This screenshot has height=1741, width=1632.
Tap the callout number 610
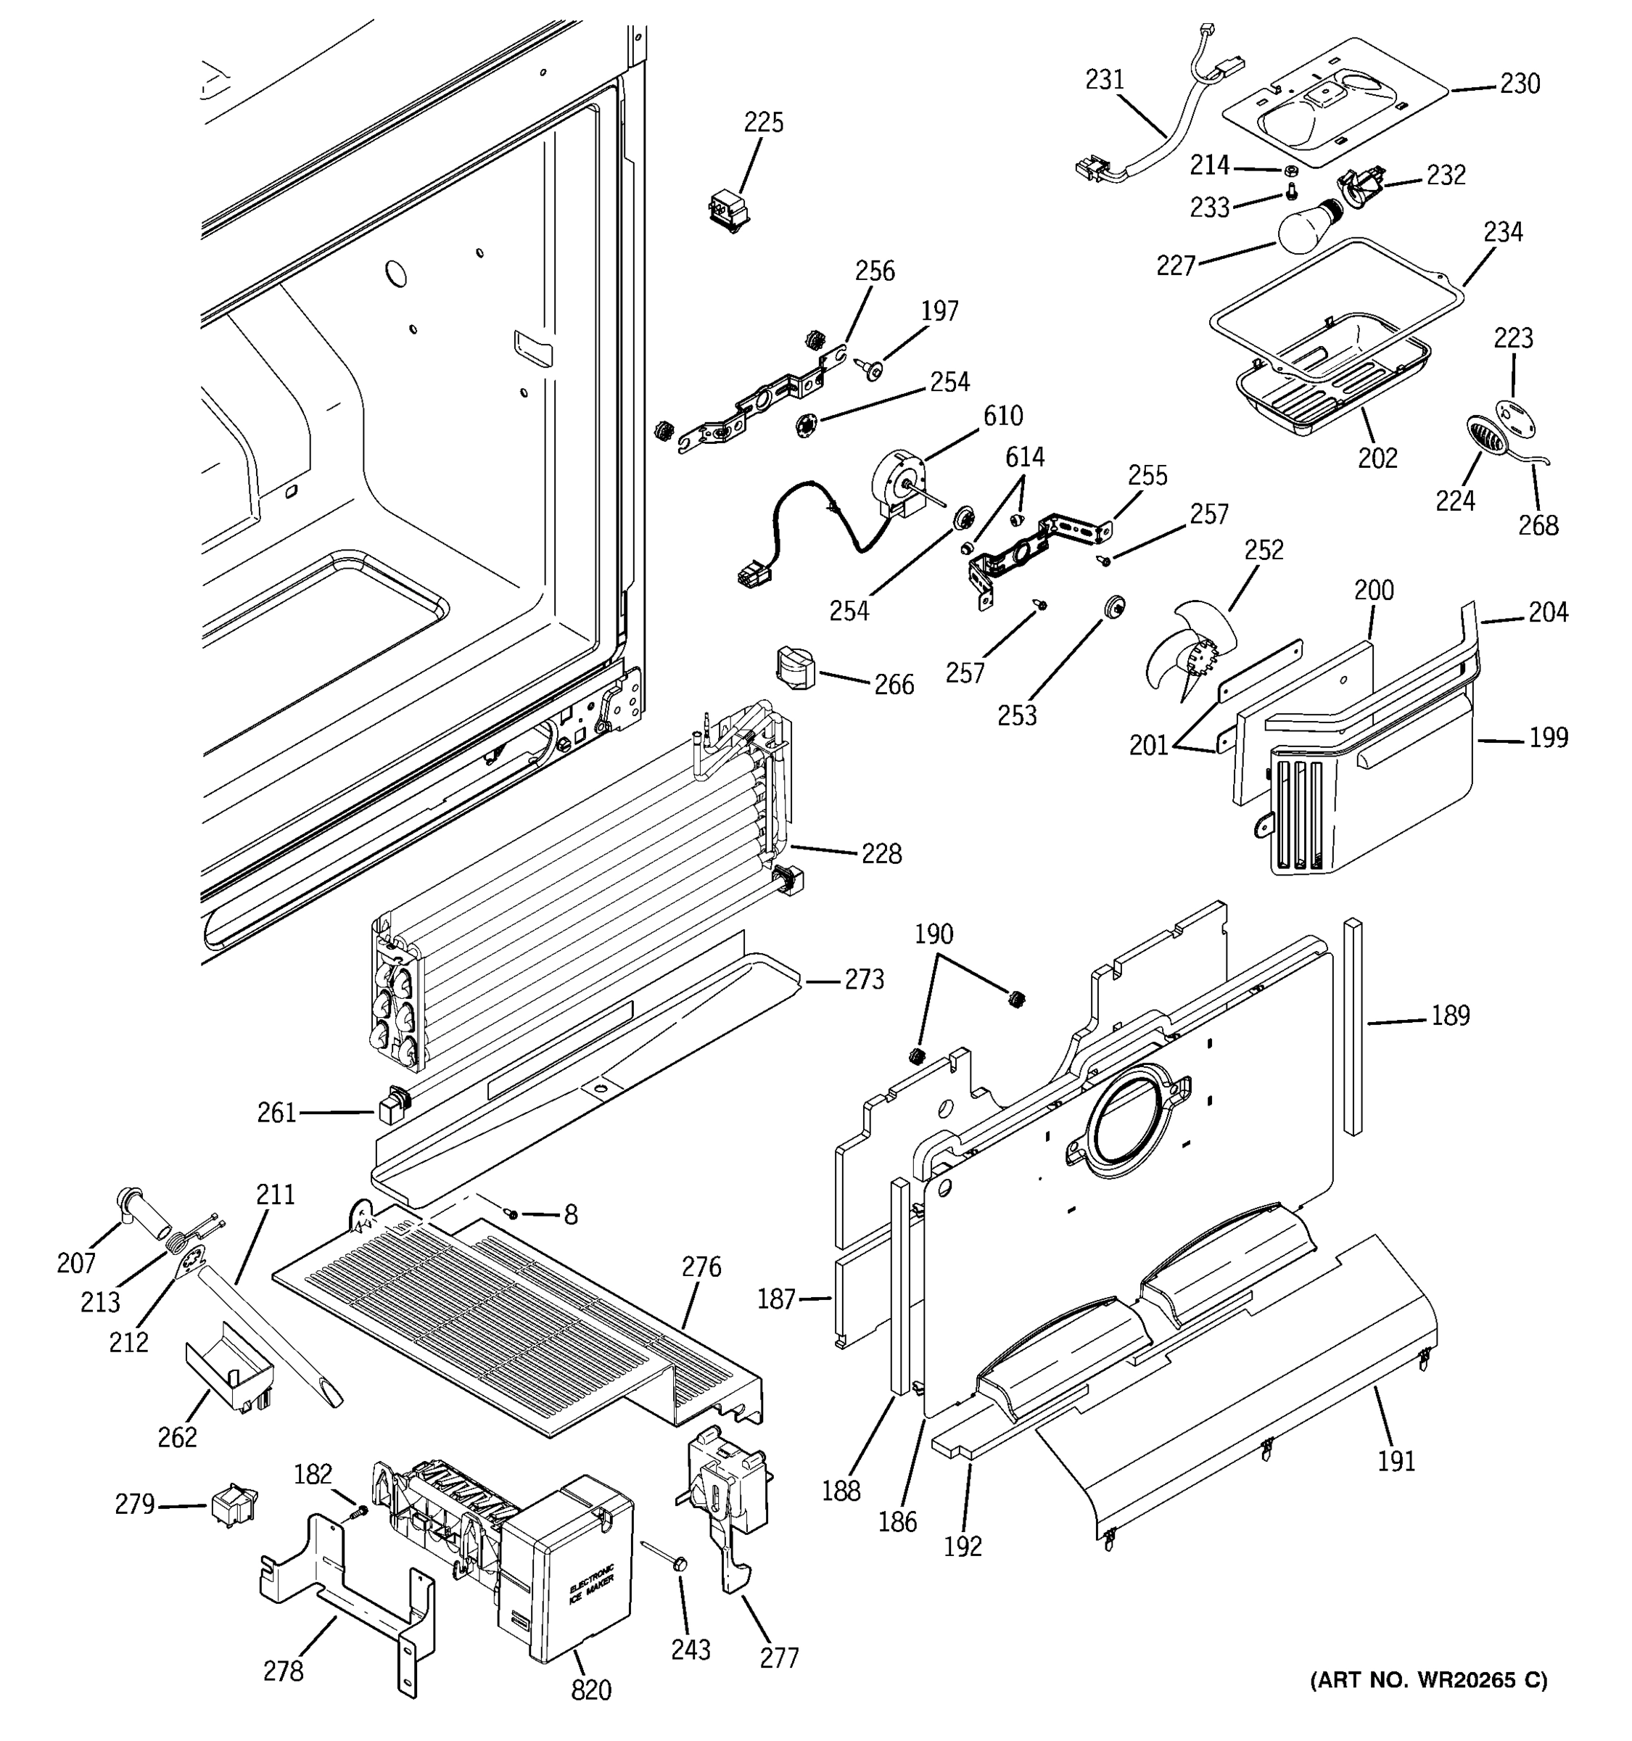pyautogui.click(x=1002, y=415)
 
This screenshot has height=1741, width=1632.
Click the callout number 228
pyautogui.click(x=881, y=853)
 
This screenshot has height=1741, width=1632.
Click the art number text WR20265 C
pyautogui.click(x=1428, y=1679)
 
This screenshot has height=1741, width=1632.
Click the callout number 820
pyautogui.click(x=591, y=1689)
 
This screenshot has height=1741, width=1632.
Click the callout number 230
pyautogui.click(x=1520, y=83)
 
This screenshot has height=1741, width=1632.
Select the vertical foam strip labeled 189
pyautogui.click(x=1353, y=1024)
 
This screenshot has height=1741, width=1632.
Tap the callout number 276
pyautogui.click(x=701, y=1267)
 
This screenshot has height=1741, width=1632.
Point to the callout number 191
pyautogui.click(x=1396, y=1461)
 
